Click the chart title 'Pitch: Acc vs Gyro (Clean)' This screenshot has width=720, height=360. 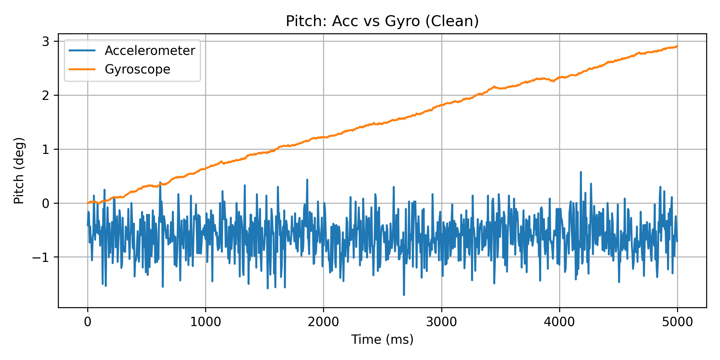[382, 21]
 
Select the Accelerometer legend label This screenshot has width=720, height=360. [150, 51]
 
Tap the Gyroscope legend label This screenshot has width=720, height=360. [137, 69]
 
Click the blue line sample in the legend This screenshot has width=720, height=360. [82, 50]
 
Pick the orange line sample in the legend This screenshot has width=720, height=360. [82, 69]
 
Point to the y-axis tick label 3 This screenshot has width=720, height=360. [46, 42]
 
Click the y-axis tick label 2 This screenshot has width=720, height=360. [46, 96]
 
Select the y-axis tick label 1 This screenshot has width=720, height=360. [46, 149]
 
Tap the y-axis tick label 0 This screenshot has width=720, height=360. [46, 203]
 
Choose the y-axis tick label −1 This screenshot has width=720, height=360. [41, 257]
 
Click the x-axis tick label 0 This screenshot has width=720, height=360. [88, 322]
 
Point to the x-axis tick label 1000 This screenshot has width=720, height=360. [205, 322]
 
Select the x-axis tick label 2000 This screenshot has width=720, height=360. [323, 322]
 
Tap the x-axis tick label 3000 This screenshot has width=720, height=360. [441, 322]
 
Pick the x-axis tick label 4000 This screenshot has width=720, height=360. [559, 322]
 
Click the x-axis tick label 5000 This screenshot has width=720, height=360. [677, 322]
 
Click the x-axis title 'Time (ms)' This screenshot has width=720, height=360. [382, 340]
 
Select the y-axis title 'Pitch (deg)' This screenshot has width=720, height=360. [19, 170]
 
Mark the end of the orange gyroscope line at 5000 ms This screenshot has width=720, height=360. [677, 46]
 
